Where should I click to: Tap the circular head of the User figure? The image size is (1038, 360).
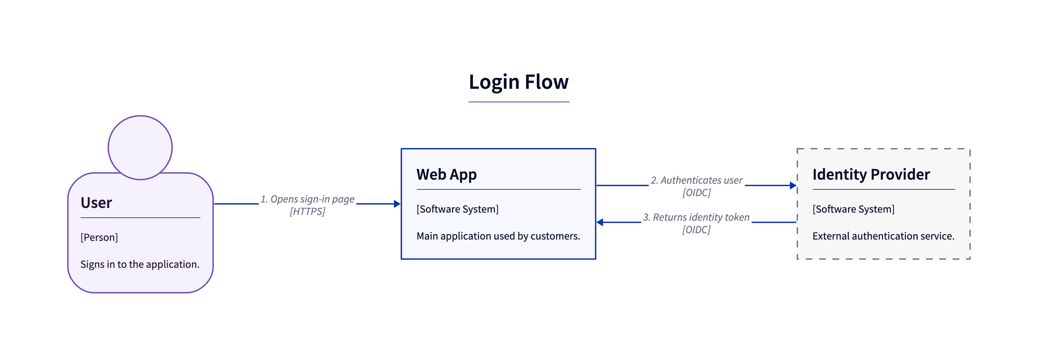tap(140, 148)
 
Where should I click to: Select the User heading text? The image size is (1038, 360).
tap(96, 203)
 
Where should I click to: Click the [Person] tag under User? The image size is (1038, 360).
tap(99, 238)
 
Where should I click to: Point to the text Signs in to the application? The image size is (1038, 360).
tap(140, 264)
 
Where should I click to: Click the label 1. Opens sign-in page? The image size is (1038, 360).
tap(308, 199)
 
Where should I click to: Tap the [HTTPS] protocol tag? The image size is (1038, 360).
tap(308, 212)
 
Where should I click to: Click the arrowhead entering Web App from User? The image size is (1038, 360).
tap(397, 204)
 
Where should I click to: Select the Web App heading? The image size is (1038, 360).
tap(446, 175)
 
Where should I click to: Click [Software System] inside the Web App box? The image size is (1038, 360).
tap(457, 209)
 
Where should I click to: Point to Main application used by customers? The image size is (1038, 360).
tap(498, 236)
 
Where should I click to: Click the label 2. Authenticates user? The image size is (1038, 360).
tap(697, 180)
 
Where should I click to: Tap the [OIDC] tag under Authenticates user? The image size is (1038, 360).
tap(697, 193)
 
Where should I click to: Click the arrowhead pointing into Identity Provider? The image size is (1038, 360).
tap(793, 185)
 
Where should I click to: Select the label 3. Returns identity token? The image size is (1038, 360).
tap(696, 217)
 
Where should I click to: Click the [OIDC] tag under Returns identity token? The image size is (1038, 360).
tap(696, 230)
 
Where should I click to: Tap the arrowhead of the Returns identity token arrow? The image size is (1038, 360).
tap(600, 222)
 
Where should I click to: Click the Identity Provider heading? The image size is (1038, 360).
tap(871, 175)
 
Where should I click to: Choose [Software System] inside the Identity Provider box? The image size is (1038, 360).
tap(853, 209)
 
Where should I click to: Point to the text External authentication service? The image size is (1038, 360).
tap(883, 236)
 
